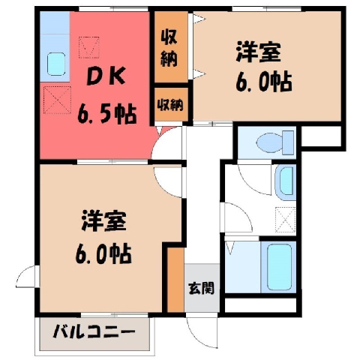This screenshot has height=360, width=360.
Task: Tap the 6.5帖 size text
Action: pos(107,115)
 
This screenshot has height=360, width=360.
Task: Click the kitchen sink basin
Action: pos(56,64)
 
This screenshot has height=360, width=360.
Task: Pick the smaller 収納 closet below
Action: pos(171,104)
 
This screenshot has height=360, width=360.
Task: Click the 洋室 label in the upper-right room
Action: pos(258,52)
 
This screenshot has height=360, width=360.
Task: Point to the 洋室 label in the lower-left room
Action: pos(103,220)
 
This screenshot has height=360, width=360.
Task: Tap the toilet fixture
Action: pos(275,142)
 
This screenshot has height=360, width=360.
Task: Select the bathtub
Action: pos(279,266)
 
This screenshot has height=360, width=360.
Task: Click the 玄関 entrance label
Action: pos(202,288)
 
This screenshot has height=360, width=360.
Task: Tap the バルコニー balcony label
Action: pos(94,331)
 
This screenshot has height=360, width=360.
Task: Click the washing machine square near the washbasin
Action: pos(286,220)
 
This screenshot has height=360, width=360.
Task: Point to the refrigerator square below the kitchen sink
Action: pos(57,100)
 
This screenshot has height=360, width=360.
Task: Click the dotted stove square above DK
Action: pos(89,47)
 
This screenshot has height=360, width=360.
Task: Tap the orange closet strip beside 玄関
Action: pos(175,280)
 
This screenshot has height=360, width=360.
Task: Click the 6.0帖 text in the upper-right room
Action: pos(264,82)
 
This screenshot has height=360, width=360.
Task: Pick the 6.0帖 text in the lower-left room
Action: pos(103,254)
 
